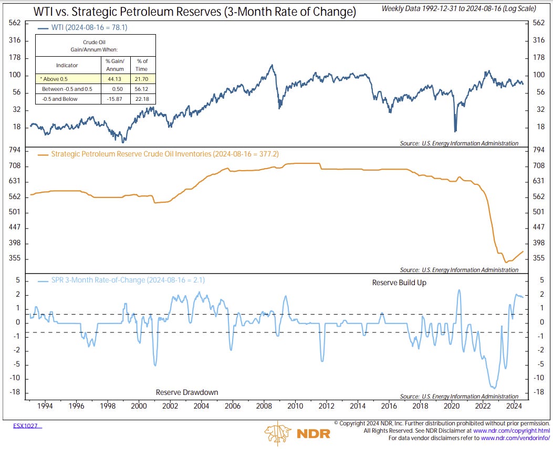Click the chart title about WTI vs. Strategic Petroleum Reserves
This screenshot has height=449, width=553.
(x=195, y=11)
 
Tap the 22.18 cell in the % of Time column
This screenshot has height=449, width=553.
(x=142, y=99)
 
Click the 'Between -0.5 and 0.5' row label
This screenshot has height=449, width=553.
(x=67, y=89)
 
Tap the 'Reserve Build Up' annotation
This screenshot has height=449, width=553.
(x=399, y=283)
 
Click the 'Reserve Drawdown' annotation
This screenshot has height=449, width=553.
(x=186, y=392)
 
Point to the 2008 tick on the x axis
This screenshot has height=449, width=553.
(x=264, y=406)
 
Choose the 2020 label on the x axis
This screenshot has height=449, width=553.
(x=452, y=406)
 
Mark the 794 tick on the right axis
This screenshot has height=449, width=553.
(x=538, y=150)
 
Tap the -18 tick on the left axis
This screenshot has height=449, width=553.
(x=15, y=392)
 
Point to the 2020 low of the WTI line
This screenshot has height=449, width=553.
(x=455, y=131)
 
